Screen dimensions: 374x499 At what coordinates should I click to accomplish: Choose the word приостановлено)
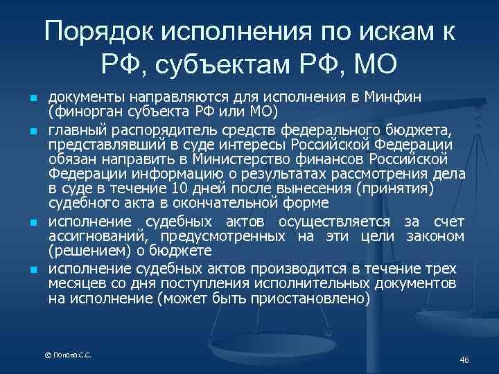coord(317,299)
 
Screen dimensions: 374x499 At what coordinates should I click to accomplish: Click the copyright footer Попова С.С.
coord(68,355)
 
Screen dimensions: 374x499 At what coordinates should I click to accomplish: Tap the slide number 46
coord(464,359)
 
